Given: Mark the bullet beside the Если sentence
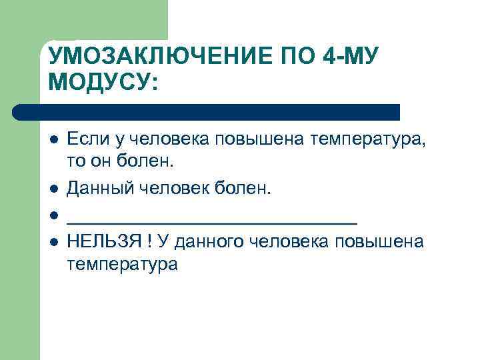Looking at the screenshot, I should coord(53,140).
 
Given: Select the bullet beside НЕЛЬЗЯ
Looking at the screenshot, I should coord(53,241).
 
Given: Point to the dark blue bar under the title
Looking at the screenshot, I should coord(206,112).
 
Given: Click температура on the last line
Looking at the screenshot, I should coord(123,265).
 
